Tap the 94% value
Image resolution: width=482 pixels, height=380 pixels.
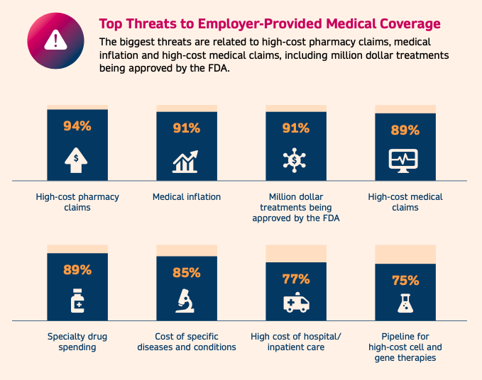pos(77,127)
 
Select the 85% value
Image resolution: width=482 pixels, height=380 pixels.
pos(187,273)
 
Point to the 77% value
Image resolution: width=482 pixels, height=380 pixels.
pos(296,279)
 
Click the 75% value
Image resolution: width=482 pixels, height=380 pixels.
pos(405,281)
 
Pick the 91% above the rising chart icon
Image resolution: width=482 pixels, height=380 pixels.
pos(187,129)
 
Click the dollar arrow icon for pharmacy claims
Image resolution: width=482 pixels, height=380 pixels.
pos(77,160)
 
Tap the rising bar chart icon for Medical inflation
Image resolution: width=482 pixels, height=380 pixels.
pos(187,162)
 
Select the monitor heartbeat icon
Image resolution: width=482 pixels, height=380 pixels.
pos(405,160)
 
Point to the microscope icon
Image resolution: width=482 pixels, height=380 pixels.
pos(186,302)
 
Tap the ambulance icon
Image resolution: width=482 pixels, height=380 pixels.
pos(296,303)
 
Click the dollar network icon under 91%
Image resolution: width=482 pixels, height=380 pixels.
pos(295,160)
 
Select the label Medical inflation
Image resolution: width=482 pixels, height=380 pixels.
pos(187,197)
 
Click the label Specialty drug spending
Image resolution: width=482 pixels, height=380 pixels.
pos(77,342)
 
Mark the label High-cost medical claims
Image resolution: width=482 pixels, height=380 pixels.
pos(405,202)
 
